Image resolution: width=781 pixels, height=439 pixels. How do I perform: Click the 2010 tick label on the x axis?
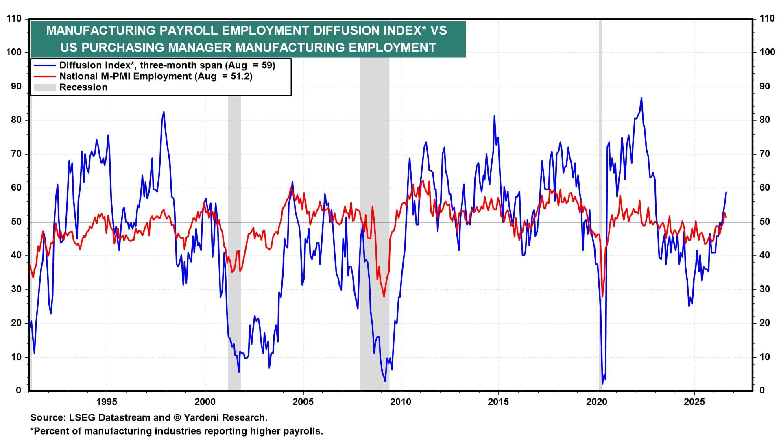401,402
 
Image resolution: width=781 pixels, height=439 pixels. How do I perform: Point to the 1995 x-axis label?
107,402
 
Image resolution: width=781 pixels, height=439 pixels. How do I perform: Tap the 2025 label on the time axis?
695,402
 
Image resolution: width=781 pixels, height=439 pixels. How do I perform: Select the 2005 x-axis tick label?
303,402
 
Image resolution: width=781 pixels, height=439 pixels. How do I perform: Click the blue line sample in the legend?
44,65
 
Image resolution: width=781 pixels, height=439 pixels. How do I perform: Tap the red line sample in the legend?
44,76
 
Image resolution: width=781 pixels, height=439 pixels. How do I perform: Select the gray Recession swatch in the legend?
44,87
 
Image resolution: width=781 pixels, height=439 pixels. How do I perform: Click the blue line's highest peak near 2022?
641,98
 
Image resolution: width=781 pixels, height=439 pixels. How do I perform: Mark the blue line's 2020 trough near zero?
602,383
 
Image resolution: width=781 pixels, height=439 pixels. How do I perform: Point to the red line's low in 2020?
602,296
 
